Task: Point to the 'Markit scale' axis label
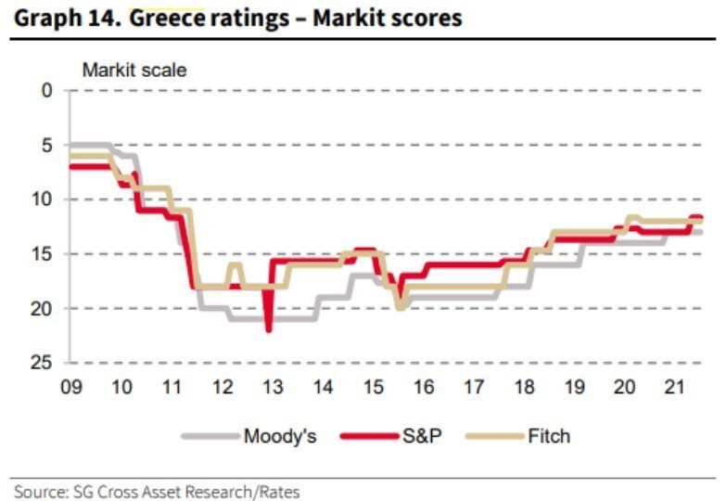134,69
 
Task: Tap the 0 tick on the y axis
47,90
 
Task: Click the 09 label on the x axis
70,385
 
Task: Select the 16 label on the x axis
425,385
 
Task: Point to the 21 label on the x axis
676,385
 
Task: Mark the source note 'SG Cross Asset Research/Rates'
158,490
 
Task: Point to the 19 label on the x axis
576,385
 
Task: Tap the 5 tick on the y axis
47,145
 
